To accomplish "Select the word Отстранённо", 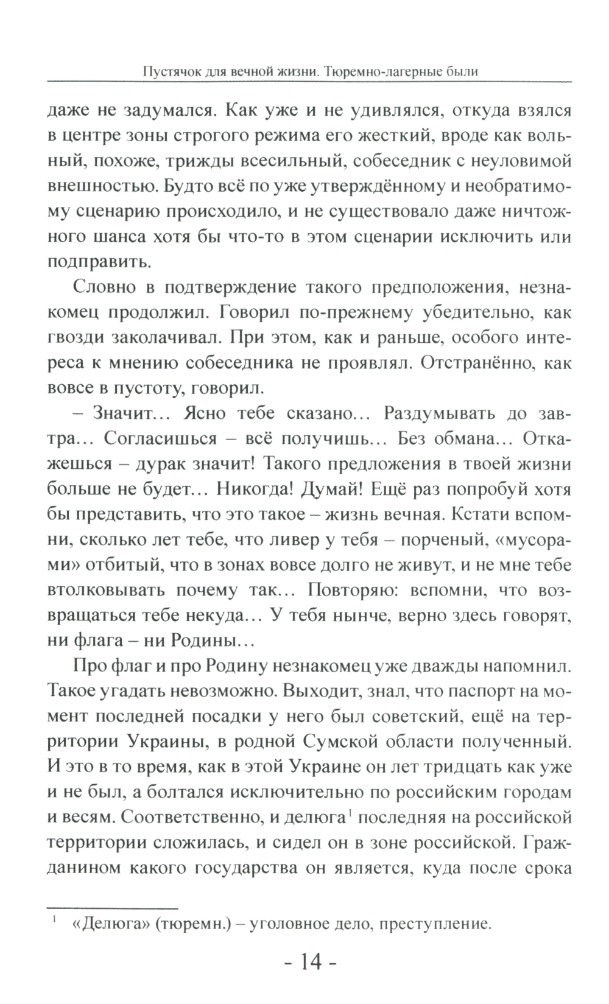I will [477, 363].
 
